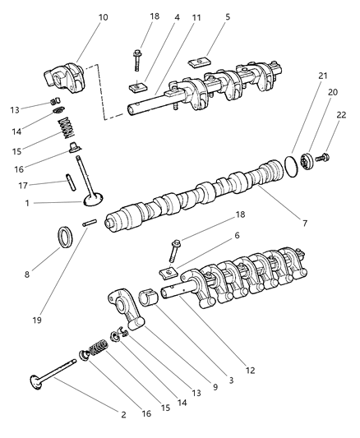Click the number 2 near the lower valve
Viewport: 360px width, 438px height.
tap(124, 414)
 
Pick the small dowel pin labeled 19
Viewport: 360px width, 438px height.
tap(90, 223)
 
